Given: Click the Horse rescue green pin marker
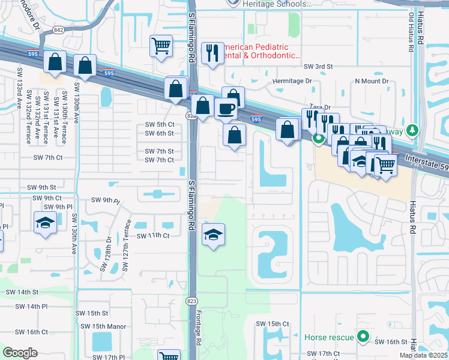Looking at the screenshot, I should (362, 337).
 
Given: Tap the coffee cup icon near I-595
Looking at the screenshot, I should (225, 109).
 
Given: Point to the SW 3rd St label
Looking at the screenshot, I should (318, 67).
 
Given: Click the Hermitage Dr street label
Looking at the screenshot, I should (293, 80).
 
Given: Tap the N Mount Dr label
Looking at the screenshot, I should (372, 81).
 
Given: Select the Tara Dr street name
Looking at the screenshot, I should (319, 107).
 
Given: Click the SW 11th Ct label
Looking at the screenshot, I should (153, 236).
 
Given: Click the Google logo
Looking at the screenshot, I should (20, 353).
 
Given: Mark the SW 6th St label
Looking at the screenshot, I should (160, 133).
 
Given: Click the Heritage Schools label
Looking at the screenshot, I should (277, 4).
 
